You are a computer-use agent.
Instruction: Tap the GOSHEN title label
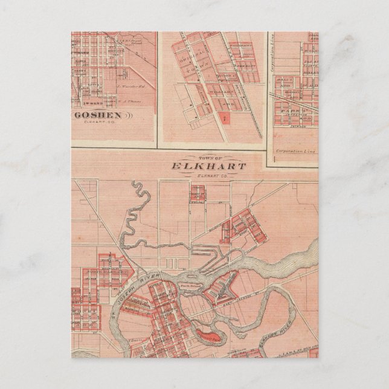tap(97, 114)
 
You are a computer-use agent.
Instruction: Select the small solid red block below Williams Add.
tap(224, 118)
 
